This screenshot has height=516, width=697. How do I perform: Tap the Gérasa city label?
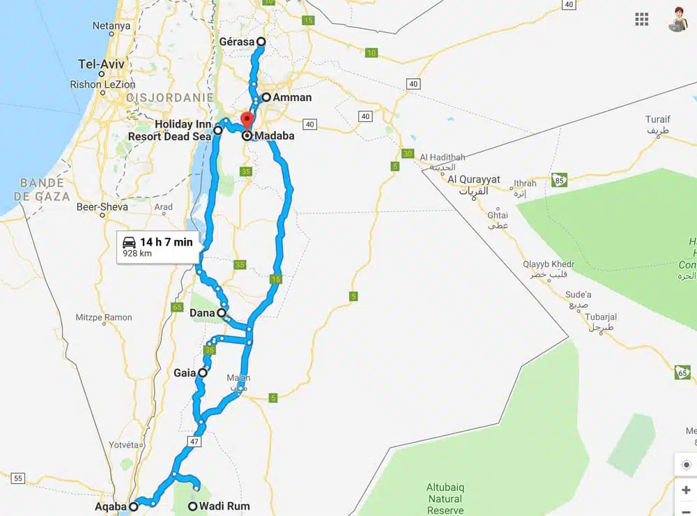click(x=236, y=42)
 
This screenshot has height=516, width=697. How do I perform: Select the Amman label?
click(x=292, y=98)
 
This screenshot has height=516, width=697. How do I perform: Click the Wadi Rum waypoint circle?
click(x=193, y=506)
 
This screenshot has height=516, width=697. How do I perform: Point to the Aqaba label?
click(x=110, y=506)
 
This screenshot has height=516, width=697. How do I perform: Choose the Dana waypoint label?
click(x=202, y=313)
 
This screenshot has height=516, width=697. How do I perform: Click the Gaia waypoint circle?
click(x=203, y=373)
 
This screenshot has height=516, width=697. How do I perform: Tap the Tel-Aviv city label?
click(x=101, y=64)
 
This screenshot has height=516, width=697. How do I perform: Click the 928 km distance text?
click(x=137, y=254)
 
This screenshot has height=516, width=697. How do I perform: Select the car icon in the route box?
click(x=129, y=242)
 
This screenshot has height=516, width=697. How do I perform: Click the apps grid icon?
click(x=642, y=20)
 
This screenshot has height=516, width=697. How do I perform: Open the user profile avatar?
click(x=677, y=19)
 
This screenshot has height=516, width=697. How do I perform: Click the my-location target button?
click(x=686, y=465)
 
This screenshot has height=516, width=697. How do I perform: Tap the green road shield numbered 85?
click(x=559, y=180)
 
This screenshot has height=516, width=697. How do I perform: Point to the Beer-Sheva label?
click(x=102, y=207)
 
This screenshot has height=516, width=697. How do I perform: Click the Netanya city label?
click(x=112, y=26)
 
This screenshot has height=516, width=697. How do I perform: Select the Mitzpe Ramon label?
click(x=104, y=317)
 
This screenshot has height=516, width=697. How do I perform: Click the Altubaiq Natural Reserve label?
click(x=445, y=499)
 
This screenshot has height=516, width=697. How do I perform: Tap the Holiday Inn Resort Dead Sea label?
click(x=169, y=130)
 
